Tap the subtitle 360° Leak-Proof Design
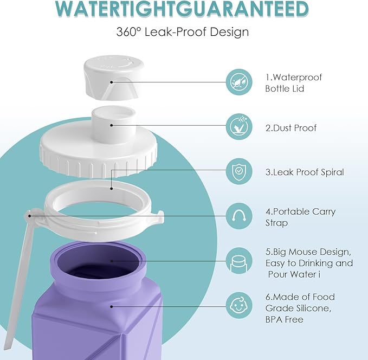182,32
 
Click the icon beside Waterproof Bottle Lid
239,82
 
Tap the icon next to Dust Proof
239,127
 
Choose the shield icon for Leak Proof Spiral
239,172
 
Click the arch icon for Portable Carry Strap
239,216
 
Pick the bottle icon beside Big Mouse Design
239,261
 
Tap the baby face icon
239,306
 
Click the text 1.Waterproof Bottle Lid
293,83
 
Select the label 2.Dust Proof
291,128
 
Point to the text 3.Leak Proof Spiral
305,172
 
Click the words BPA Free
283,320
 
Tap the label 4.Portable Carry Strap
300,217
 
